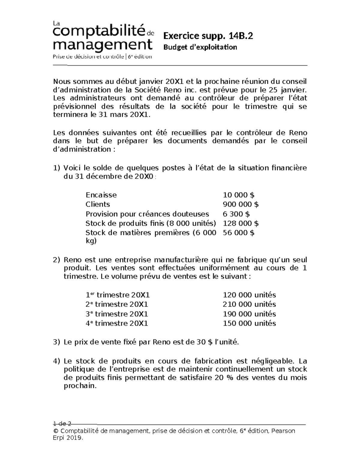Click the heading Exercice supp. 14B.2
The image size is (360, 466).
click(208, 36)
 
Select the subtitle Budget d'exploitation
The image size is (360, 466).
click(200, 47)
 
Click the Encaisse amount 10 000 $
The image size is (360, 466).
click(238, 195)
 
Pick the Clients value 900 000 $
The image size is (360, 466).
click(241, 204)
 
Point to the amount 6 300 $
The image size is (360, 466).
click(236, 214)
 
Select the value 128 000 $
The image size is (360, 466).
click(241, 223)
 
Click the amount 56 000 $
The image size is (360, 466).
click(238, 233)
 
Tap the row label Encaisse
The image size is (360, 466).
click(101, 195)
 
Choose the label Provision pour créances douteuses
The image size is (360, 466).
click(147, 214)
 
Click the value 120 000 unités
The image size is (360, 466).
click(249, 295)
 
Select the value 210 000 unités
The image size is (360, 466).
click(249, 304)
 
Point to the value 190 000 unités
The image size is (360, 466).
click(249, 314)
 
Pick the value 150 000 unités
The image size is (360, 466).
click(249, 323)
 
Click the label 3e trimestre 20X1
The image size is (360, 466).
click(117, 314)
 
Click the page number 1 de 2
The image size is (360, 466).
click(62, 424)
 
